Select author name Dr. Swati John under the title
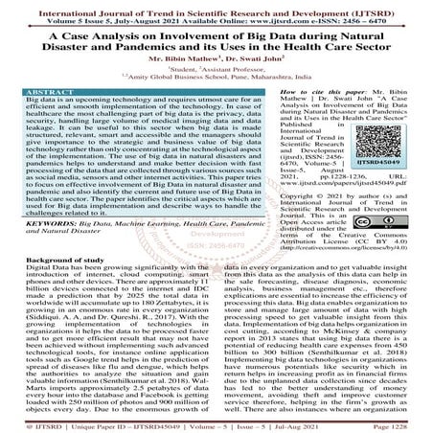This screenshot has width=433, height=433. (252, 58)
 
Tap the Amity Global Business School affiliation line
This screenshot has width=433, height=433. (216, 81)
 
